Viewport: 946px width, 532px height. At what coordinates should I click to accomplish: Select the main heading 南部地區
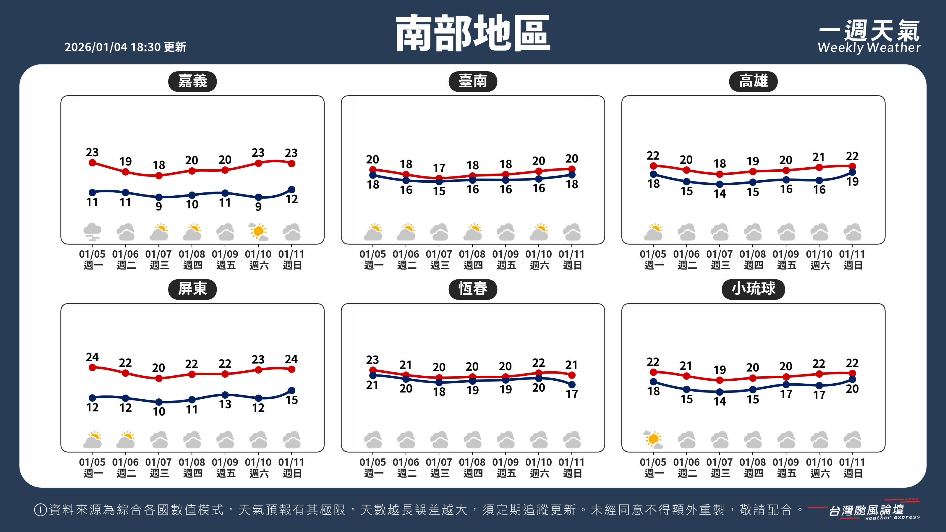(473, 33)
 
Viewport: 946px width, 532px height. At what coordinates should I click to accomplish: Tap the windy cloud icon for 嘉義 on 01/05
(92, 232)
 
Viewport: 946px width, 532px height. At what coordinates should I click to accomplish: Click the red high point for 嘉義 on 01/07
(159, 176)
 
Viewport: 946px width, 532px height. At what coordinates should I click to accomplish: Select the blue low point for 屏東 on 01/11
(291, 390)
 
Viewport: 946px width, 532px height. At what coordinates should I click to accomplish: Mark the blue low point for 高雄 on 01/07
(720, 184)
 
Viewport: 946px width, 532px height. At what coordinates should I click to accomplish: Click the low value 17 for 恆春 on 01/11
(572, 394)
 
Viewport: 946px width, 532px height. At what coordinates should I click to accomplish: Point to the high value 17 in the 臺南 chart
(439, 168)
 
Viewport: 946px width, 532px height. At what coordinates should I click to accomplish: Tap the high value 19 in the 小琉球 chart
(720, 370)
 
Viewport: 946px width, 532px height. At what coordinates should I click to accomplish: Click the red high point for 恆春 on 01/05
(373, 370)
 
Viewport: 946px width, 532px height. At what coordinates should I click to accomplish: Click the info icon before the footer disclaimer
(40, 510)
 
